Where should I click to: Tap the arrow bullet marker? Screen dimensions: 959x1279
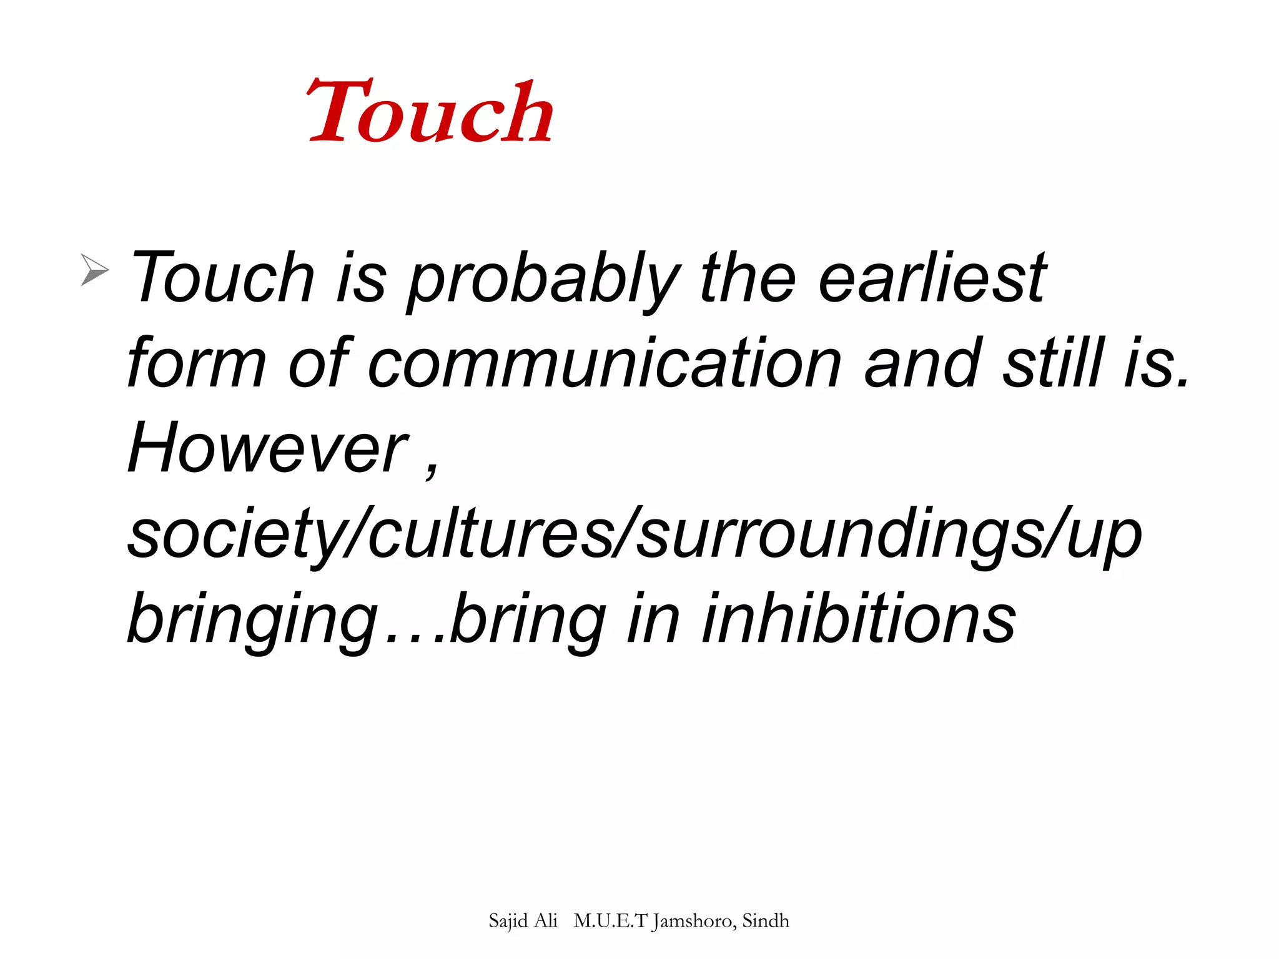(94, 270)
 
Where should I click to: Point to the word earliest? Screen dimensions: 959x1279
(932, 277)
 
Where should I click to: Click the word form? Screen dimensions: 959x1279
(196, 363)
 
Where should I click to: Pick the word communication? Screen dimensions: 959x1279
(605, 363)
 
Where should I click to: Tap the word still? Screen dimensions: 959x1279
(1053, 363)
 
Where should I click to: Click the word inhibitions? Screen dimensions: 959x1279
(859, 618)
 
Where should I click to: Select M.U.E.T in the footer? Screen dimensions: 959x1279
(610, 921)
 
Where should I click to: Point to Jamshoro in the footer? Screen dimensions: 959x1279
(694, 921)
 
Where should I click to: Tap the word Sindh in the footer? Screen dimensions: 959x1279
(766, 921)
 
